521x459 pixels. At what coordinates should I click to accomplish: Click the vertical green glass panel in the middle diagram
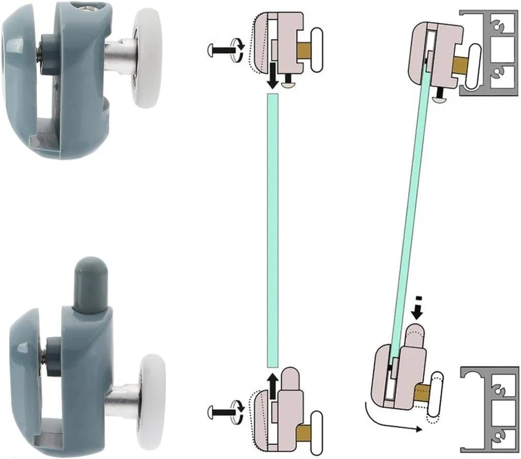coord(272,228)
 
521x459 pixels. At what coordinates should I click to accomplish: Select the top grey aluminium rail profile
coord(488,52)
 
